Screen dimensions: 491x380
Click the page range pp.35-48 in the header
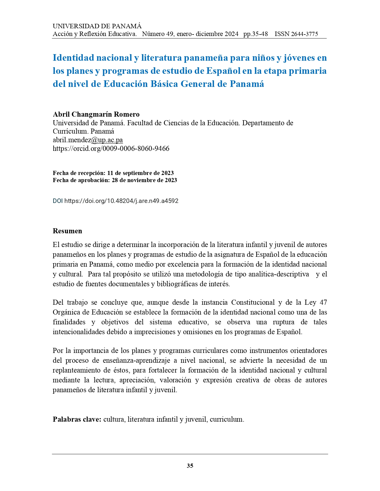pyautogui.click(x=256, y=34)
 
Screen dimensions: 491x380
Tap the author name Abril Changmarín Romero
pyautogui.click(x=96, y=114)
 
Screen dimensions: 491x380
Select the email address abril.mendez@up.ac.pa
pyautogui.click(x=88, y=140)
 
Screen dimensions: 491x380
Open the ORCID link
pyautogui.click(x=111, y=148)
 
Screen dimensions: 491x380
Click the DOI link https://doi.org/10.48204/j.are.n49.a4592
pyautogui.click(x=121, y=201)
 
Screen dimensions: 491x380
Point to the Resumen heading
pyautogui.click(x=67, y=231)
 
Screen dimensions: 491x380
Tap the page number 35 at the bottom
pyautogui.click(x=190, y=466)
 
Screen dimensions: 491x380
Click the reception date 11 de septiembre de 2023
pyautogui.click(x=140, y=173)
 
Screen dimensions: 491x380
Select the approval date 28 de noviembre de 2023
pyautogui.click(x=144, y=180)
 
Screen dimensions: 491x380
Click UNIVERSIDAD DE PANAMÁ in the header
pyautogui.click(x=97, y=26)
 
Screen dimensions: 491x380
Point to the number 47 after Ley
pyautogui.click(x=323, y=302)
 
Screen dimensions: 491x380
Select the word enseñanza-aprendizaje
pyautogui.click(x=137, y=360)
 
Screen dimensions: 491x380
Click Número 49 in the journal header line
pyautogui.click(x=158, y=34)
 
